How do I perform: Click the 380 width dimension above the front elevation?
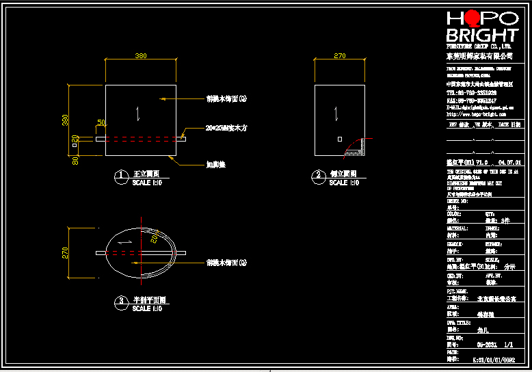(x=141, y=55)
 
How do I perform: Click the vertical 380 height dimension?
(x=66, y=119)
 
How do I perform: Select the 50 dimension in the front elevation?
(x=101, y=122)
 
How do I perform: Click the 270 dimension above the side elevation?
(x=339, y=55)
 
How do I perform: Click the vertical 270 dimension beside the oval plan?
(x=66, y=252)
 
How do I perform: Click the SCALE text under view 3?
(x=142, y=309)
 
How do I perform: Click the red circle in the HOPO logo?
(x=470, y=19)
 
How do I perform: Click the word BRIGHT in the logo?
(x=481, y=35)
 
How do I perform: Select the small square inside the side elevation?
(x=340, y=139)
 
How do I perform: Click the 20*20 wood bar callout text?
(x=226, y=128)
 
